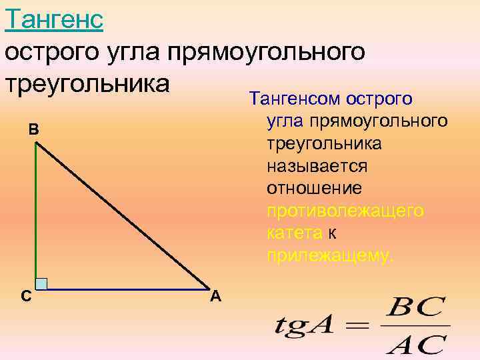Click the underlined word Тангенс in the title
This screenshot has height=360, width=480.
tap(53, 19)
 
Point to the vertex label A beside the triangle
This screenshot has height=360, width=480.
tap(215, 296)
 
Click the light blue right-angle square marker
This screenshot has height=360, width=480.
tap(41, 283)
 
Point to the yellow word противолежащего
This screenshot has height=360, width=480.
tap(345, 211)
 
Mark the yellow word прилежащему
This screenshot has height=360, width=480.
tap(330, 255)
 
